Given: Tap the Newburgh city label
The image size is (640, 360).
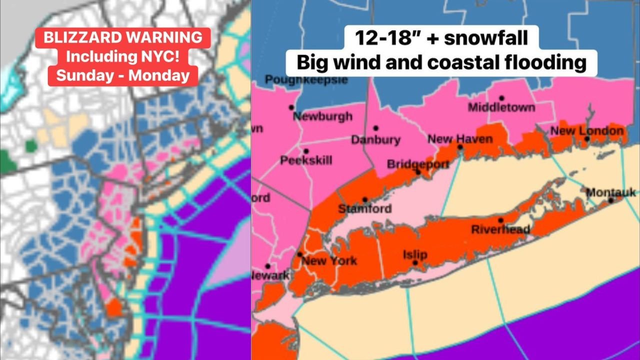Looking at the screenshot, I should [x=322, y=116].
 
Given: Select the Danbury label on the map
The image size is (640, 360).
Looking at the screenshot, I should [x=375, y=139].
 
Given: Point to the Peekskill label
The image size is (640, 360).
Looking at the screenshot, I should [x=306, y=160].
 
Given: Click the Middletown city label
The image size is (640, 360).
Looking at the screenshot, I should [x=501, y=107].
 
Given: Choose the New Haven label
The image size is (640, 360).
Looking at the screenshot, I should [x=460, y=138].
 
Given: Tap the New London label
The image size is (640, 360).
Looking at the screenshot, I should [x=587, y=130].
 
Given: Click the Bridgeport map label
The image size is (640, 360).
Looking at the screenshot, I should [x=418, y=164].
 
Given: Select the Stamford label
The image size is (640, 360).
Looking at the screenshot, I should [x=364, y=208].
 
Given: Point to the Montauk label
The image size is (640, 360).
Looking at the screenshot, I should [x=610, y=192].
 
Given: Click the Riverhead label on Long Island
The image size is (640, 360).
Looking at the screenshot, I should [x=500, y=229].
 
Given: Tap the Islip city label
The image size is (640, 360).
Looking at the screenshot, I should [x=415, y=254].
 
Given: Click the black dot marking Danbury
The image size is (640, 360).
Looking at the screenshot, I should [x=375, y=128].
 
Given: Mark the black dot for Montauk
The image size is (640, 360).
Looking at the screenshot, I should [x=610, y=200].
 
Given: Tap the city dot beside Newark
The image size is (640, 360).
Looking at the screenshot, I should [x=268, y=266].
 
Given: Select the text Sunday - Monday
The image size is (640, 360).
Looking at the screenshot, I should [x=123, y=75].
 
